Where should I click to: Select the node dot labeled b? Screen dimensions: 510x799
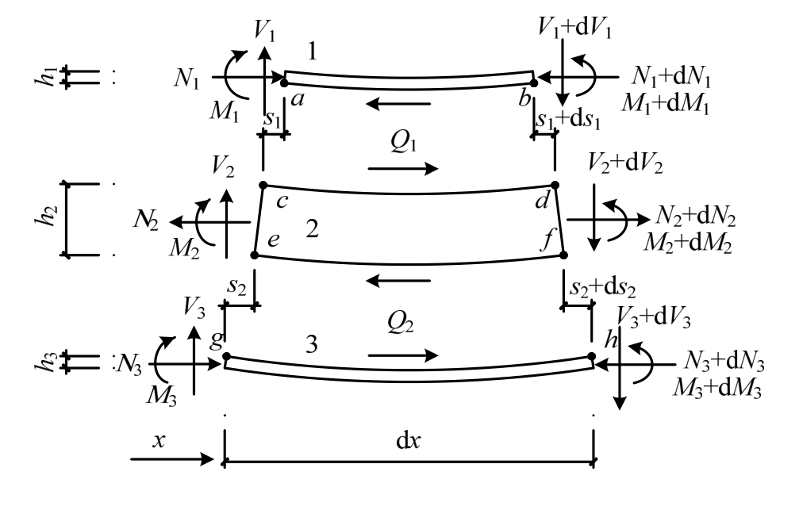tap(534, 81)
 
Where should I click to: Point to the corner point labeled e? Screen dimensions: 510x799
tap(255, 255)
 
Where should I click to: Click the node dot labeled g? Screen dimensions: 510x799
tap(226, 357)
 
